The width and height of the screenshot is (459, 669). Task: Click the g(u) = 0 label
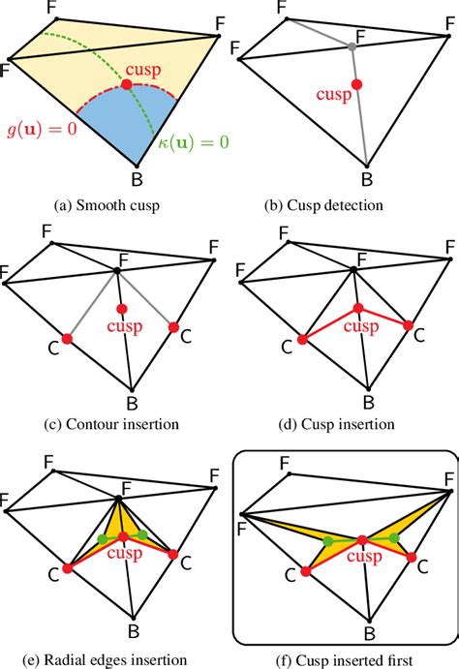pos(42,131)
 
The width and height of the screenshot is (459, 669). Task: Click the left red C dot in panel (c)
pos(67,338)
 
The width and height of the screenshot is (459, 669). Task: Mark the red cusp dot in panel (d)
pos(357,307)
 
